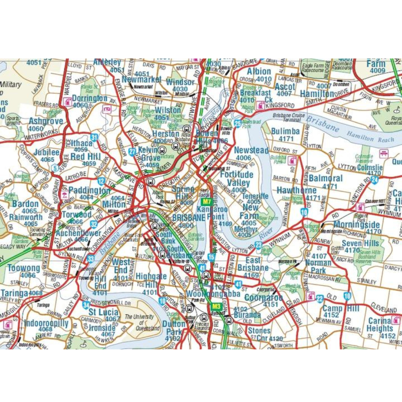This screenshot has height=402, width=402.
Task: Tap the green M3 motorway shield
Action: [217, 306]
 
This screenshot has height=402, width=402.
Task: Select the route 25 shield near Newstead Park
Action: [238, 123]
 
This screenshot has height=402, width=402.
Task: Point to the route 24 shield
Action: [374, 180]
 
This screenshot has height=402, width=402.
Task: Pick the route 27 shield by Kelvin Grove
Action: [133, 152]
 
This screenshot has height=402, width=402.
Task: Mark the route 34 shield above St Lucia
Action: [86, 305]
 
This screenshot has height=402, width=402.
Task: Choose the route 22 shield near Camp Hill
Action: [320, 298]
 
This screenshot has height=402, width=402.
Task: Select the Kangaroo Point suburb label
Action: [212, 213]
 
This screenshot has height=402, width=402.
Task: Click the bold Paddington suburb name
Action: [89, 190]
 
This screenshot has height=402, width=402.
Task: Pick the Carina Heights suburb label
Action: [380, 325]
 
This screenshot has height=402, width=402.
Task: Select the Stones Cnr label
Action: [259, 334]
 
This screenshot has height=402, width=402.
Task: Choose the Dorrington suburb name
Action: [90, 98]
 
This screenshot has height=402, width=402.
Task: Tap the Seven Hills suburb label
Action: [360, 244]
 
